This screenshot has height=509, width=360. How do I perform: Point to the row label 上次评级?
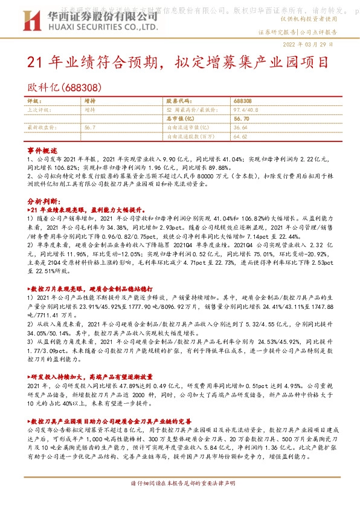[39, 110]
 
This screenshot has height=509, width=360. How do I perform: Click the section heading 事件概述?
[42, 149]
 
